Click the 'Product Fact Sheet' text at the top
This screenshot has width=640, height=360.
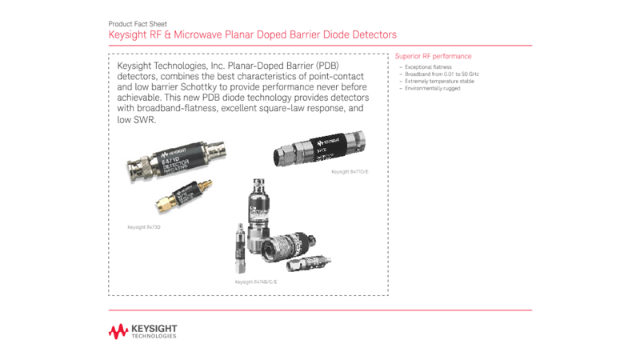pos(138,24)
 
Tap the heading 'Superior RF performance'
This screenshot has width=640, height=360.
pos(433,57)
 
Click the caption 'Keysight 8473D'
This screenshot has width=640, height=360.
pos(144,227)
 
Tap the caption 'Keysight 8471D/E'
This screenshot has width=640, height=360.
pos(350,172)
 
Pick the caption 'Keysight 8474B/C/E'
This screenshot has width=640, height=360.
pos(255,282)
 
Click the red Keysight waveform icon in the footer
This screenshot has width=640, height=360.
pos(118,331)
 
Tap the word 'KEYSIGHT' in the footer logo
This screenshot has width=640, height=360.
pos(154,328)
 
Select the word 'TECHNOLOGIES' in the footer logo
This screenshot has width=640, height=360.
pos(154,336)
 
